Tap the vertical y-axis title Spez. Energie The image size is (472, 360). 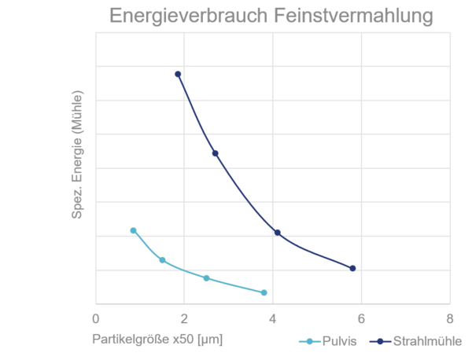(79, 169)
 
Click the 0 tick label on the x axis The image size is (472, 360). (96, 319)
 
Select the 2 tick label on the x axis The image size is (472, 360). (184, 319)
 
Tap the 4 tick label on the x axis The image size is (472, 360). (273, 319)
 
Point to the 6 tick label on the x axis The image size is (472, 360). (361, 319)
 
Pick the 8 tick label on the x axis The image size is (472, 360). (449, 319)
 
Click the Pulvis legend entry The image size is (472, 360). (330, 341)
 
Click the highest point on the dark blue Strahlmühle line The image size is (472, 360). (179, 74)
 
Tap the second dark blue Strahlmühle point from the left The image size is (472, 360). (215, 153)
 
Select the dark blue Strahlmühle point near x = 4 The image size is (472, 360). (278, 231)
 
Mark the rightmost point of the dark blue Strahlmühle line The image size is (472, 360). (352, 268)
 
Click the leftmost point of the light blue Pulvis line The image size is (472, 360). (133, 230)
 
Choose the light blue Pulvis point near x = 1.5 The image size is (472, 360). (162, 259)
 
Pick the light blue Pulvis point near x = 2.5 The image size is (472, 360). (206, 278)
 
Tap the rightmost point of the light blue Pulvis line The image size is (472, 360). (264, 292)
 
